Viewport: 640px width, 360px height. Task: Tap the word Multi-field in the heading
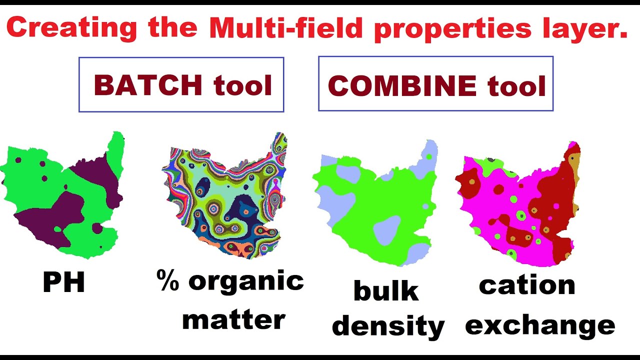(285, 29)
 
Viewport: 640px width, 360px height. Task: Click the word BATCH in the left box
(148, 85)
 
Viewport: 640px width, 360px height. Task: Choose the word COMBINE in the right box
(402, 86)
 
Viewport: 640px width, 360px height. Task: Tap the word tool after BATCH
(243, 85)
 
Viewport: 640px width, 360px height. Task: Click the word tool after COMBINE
(517, 86)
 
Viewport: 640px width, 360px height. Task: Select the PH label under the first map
(64, 283)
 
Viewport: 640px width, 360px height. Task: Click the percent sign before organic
(168, 280)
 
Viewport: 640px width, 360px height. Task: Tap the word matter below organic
(233, 318)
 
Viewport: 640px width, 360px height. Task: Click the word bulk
(386, 290)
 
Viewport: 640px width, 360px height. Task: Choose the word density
(388, 326)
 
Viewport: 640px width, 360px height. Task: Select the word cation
(527, 285)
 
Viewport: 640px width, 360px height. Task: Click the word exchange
(540, 325)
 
